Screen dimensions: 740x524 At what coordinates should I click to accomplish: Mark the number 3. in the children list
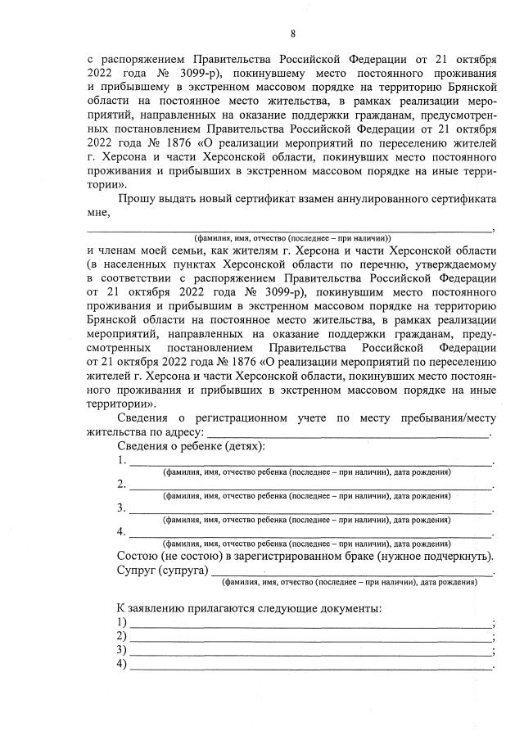coord(122,508)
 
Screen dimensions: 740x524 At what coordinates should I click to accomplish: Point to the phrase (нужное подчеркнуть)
coord(435,556)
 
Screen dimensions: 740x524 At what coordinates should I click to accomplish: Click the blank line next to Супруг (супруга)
coord(352,571)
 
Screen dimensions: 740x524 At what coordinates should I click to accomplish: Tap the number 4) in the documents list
coord(122,664)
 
